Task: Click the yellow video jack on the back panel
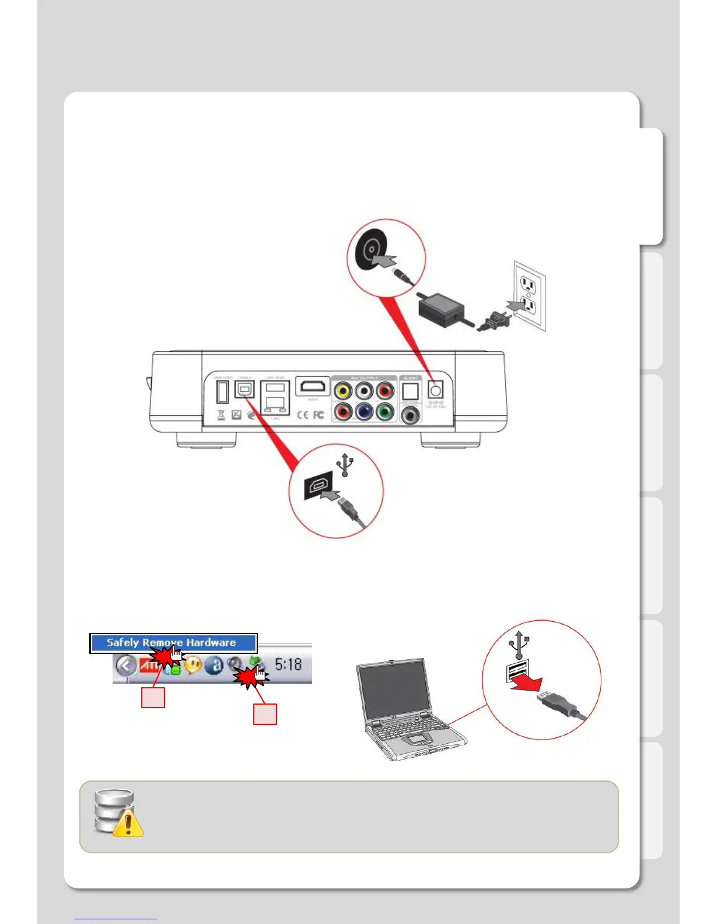tap(343, 390)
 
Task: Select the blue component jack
tap(364, 412)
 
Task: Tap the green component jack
tap(384, 412)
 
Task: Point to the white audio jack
tap(364, 390)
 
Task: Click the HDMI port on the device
tap(313, 386)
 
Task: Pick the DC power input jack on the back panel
tap(435, 389)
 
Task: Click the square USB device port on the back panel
tap(244, 389)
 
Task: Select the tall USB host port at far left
tap(222, 390)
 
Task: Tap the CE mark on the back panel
tap(303, 415)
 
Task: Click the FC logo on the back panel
tap(318, 415)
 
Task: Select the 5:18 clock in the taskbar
tap(288, 664)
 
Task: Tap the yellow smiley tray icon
tap(193, 664)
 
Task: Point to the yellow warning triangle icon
tap(128, 823)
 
